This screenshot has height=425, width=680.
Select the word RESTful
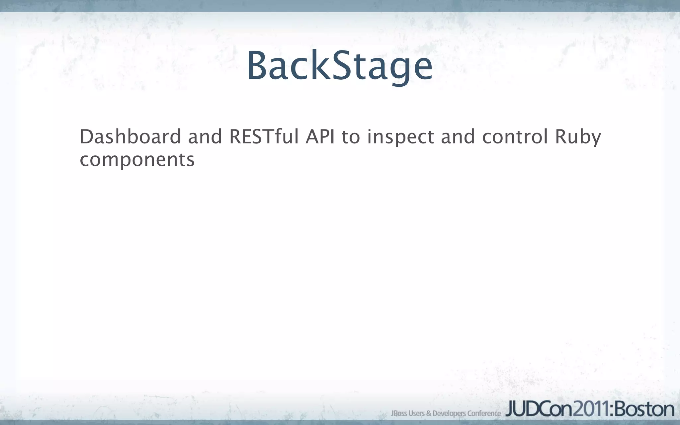pyautogui.click(x=264, y=136)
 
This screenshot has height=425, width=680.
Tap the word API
pyautogui.click(x=320, y=136)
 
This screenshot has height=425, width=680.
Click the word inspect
pyautogui.click(x=400, y=137)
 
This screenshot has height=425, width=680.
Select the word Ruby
pyautogui.click(x=578, y=137)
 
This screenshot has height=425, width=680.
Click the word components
pyautogui.click(x=137, y=160)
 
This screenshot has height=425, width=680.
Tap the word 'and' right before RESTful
pyautogui.click(x=205, y=136)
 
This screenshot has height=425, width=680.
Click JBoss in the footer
pyautogui.click(x=399, y=413)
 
